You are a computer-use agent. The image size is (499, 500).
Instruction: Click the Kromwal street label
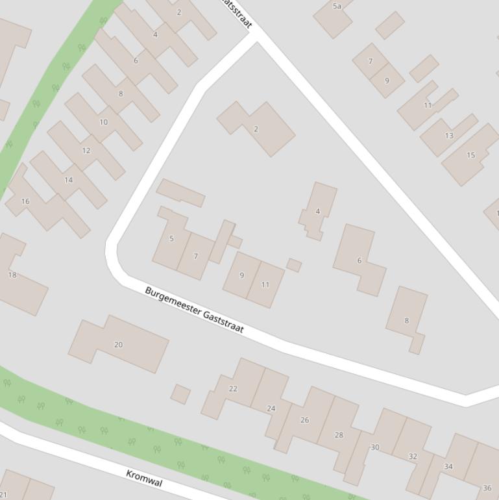[x=144, y=478]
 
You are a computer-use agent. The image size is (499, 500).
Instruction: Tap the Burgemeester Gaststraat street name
[x=194, y=310]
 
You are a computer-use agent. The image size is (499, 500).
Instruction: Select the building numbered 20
[x=118, y=345]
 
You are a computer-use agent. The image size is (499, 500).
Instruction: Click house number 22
[x=233, y=389]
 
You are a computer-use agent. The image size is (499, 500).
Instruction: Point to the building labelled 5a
[x=337, y=6]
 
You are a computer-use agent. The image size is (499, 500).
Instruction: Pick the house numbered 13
[x=449, y=136]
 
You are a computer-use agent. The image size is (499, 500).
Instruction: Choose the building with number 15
[x=471, y=155]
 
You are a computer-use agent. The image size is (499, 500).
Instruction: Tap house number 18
[x=12, y=275]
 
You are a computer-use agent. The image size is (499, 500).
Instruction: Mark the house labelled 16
[x=25, y=201]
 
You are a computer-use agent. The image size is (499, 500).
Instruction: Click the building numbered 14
[x=68, y=180]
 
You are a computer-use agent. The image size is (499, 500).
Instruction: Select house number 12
[x=86, y=151]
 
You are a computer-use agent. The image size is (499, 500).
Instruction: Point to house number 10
[x=104, y=122]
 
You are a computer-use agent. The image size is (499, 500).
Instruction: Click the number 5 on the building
[x=171, y=238]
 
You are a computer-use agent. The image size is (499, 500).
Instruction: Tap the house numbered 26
[x=305, y=420]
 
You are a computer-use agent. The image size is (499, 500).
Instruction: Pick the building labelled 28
[x=339, y=435]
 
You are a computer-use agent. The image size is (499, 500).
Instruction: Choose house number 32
[x=413, y=456]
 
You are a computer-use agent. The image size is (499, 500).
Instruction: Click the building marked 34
[x=448, y=466]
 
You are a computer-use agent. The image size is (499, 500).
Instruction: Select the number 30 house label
[x=374, y=447]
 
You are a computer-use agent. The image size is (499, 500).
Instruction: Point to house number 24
[x=271, y=408]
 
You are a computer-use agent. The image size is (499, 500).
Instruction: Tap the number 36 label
[x=487, y=488]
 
